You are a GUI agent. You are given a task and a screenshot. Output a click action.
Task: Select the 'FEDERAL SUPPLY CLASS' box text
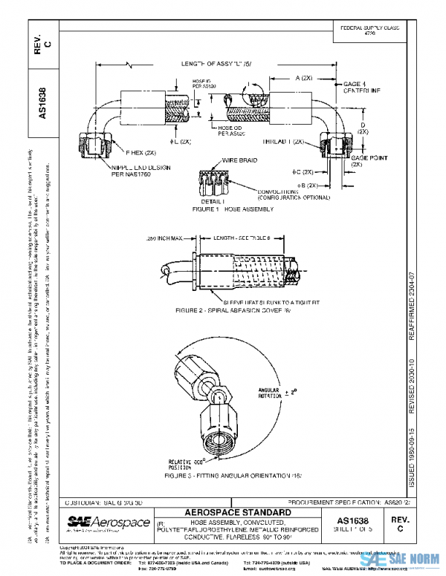tap(369, 30)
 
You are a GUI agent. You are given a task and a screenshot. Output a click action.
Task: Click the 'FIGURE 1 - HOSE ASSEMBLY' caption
tap(233, 209)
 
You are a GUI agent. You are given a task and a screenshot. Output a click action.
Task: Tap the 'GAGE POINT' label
tap(366, 159)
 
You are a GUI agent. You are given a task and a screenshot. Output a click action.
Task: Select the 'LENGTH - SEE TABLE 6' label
tap(239, 237)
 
